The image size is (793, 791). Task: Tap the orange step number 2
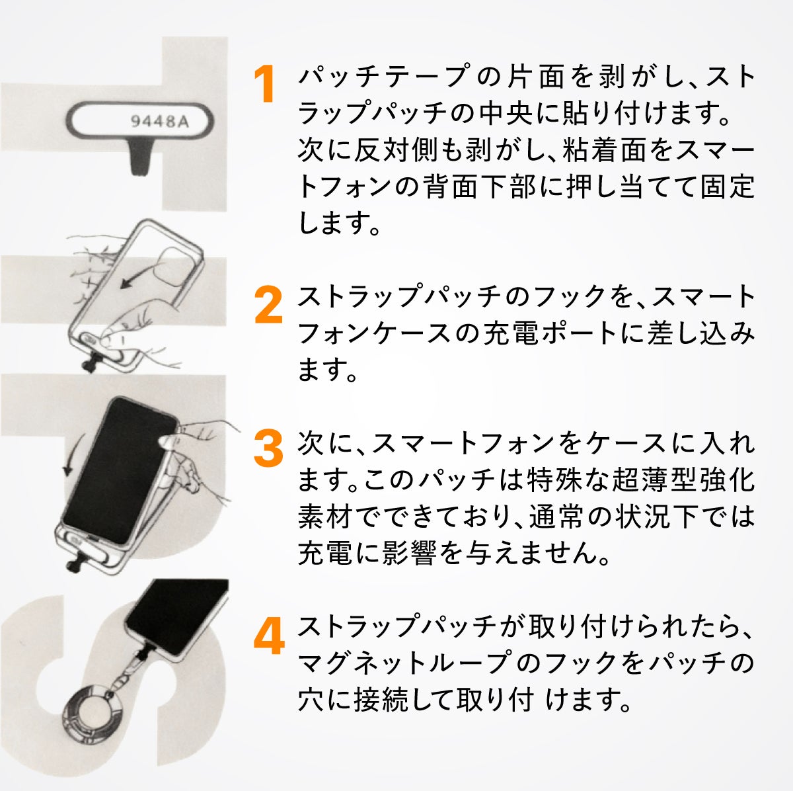pyautogui.click(x=268, y=306)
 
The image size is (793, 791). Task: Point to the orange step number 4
pyautogui.click(x=269, y=636)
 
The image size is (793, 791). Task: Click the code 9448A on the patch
pyautogui.click(x=160, y=122)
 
